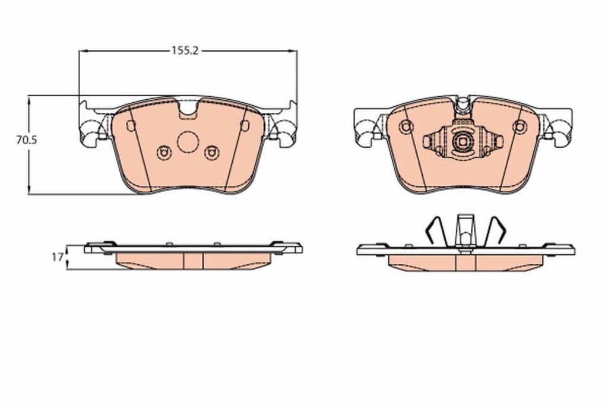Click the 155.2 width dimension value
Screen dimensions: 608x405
click(x=185, y=51)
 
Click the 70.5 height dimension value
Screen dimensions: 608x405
click(x=26, y=140)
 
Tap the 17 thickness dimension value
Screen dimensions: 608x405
click(x=58, y=257)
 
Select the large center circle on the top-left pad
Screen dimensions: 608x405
click(x=188, y=142)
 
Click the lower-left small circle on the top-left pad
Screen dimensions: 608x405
click(x=164, y=153)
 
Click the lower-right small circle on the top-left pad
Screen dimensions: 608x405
click(x=212, y=153)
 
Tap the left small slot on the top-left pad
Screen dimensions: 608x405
click(x=131, y=126)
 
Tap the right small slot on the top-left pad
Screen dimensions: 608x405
click(x=245, y=126)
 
